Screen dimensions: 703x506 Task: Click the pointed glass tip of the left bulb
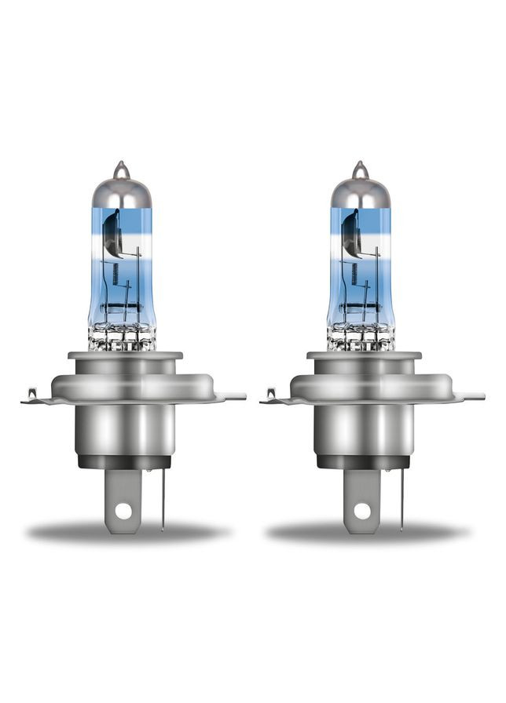coord(120,168)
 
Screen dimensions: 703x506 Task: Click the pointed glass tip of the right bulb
coord(359,168)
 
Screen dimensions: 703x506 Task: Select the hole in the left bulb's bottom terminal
coord(122,510)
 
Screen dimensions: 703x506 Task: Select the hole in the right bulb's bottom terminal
coord(361,510)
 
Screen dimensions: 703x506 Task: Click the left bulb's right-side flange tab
coord(233,396)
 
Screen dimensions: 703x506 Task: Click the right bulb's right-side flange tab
coord(472,396)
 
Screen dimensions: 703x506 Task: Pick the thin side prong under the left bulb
coord(162,502)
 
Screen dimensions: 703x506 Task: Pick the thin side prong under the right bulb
coord(401,502)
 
